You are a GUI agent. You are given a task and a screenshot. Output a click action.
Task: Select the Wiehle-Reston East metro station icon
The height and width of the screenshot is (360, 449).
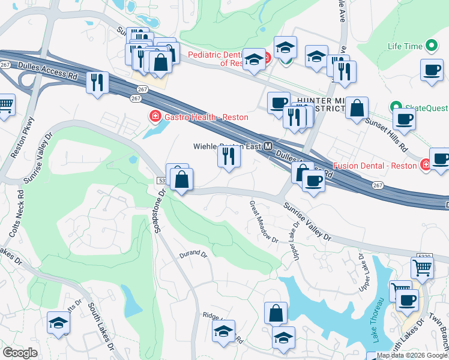[x=269, y=146]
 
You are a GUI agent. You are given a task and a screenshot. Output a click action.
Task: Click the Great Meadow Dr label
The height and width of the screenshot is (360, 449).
[x=264, y=222]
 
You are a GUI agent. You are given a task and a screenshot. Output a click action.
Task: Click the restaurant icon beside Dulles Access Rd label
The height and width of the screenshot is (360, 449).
[x=97, y=82]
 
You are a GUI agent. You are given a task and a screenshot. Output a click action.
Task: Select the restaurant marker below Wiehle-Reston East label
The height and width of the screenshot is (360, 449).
[x=229, y=157]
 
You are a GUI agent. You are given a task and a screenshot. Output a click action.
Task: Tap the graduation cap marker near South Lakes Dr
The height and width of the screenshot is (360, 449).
[x=59, y=323]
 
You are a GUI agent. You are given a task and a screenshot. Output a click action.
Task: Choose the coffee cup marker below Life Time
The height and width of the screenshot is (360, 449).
[x=432, y=70]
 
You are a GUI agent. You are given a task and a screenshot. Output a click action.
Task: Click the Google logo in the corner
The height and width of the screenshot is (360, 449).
[x=20, y=353]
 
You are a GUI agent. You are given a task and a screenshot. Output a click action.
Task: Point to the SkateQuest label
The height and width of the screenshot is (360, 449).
[x=426, y=108]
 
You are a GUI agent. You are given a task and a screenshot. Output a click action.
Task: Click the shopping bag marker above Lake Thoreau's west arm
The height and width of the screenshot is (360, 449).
[x=276, y=313]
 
